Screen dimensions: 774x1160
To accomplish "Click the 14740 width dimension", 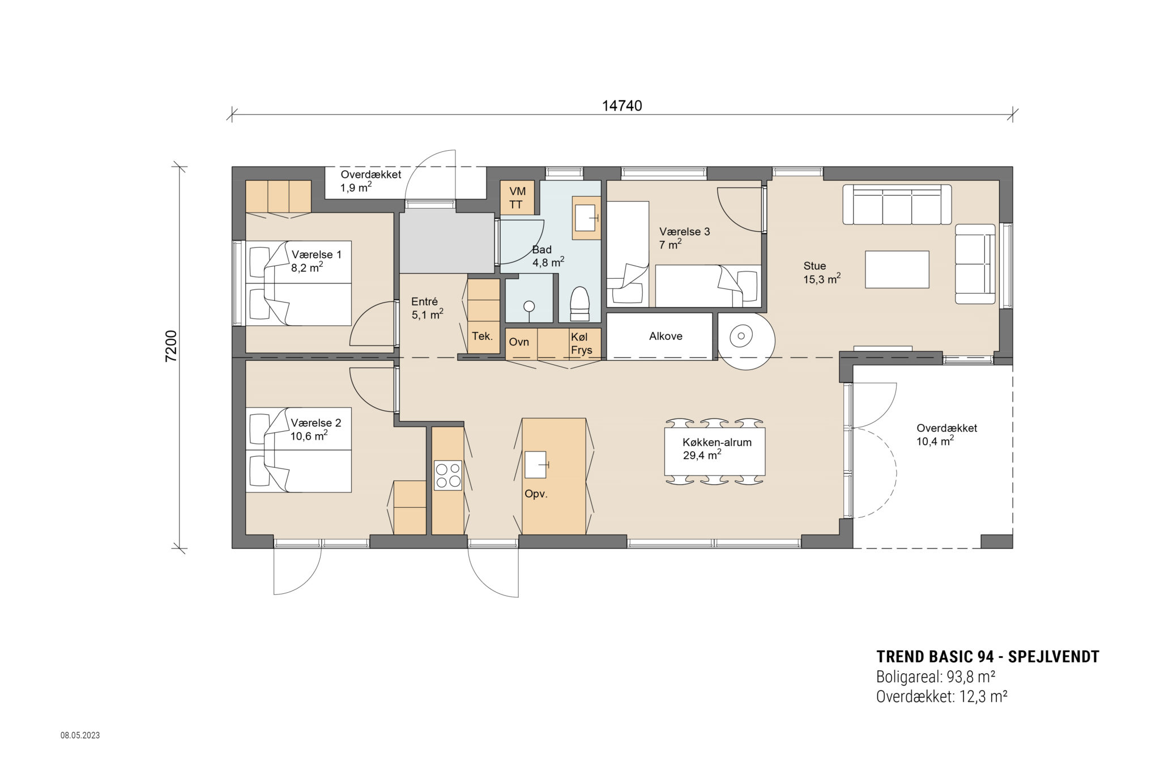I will (621, 106).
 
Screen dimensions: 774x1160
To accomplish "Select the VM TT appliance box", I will (517, 198).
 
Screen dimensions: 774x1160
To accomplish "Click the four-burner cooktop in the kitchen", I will (447, 475).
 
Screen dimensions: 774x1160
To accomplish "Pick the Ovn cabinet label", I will (519, 342).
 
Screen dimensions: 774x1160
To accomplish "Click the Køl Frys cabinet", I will (582, 343).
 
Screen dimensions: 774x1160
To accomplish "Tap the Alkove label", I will (666, 336).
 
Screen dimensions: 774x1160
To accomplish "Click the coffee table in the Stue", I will (897, 269).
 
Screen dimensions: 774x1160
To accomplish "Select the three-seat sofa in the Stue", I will (897, 205).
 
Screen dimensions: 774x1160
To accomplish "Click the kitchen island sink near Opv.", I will (536, 465).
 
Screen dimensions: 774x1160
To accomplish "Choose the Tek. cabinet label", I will (482, 335).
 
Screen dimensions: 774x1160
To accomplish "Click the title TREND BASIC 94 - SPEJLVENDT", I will (987, 657).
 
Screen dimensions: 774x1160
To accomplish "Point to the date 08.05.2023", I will (80, 735).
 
